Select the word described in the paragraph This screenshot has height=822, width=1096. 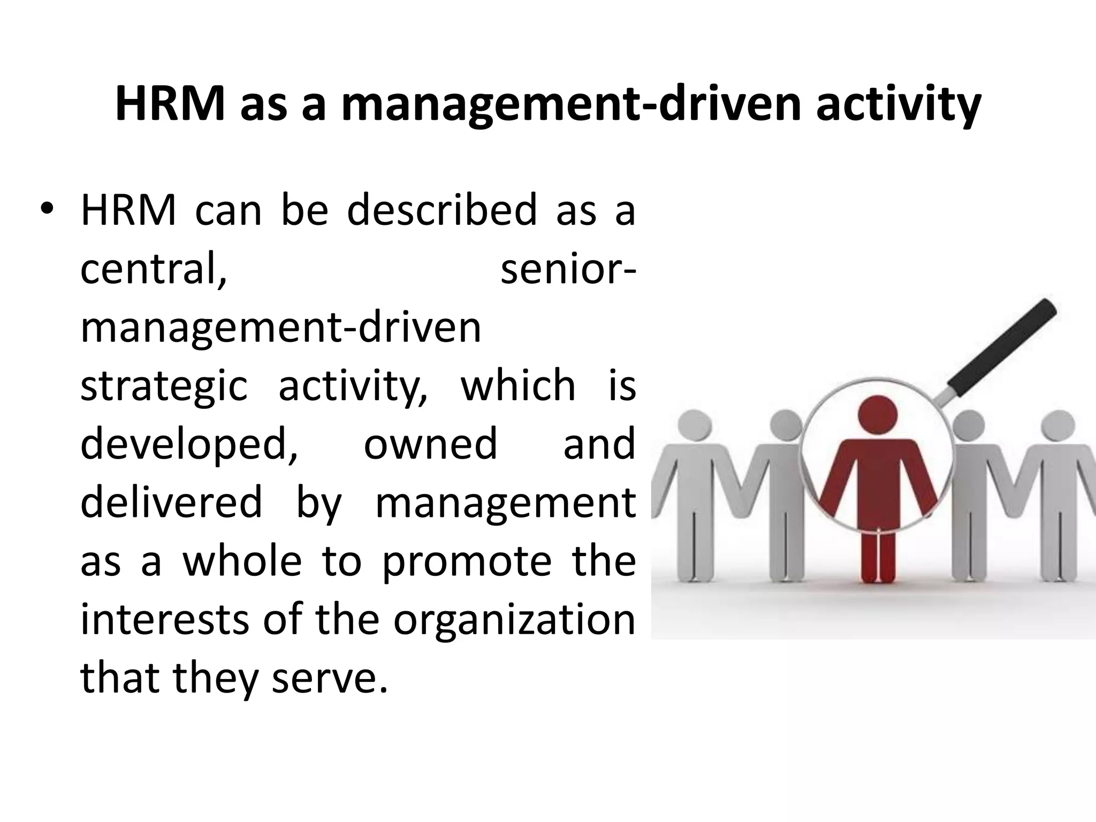point(442,210)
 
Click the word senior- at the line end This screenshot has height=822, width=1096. point(568,269)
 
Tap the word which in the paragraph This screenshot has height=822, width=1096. point(518,385)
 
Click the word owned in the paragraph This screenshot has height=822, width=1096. point(430,444)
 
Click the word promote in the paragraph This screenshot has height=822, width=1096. point(466,562)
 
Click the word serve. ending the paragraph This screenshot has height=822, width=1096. point(329,678)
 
